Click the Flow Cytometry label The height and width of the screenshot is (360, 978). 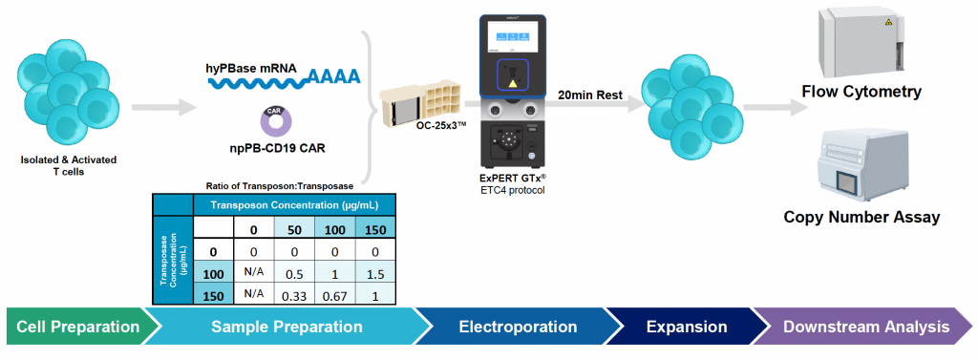click(x=861, y=93)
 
